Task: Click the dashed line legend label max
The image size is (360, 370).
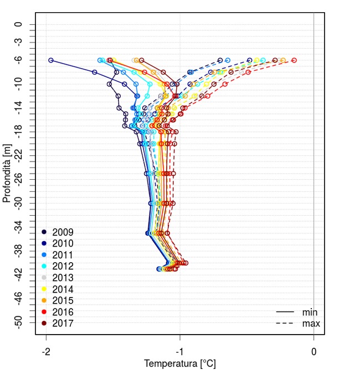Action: coord(310,324)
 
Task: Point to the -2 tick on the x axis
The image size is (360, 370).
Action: coord(46,351)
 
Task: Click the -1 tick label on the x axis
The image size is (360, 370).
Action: coord(180,351)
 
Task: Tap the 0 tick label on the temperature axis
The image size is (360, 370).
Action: coord(314,351)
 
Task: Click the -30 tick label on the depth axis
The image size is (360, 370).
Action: coord(19,203)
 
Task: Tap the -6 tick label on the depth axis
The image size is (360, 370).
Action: coord(19,60)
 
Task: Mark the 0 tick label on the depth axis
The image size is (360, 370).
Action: coord(19,24)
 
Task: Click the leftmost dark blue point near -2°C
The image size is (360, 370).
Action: coord(51,60)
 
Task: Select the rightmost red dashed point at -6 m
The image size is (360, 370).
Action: coord(294,60)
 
